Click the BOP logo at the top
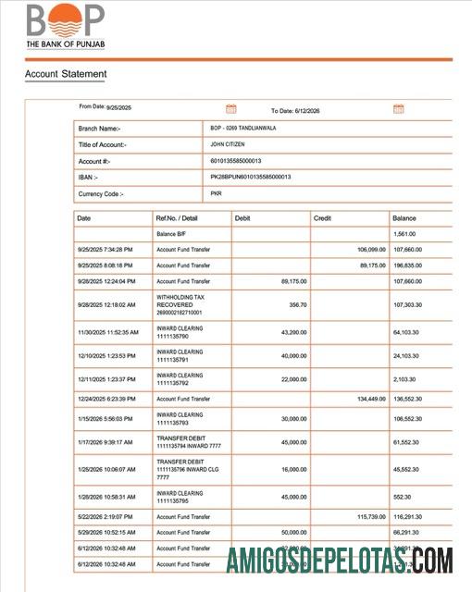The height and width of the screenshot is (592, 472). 65,26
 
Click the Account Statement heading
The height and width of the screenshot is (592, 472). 65,74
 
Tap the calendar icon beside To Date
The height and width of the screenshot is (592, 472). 399,109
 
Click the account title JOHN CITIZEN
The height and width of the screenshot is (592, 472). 230,144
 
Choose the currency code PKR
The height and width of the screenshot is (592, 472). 217,193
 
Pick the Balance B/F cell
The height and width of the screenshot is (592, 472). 172,234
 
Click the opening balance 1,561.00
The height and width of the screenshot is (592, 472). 405,234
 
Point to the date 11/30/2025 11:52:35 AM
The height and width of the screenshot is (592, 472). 107,331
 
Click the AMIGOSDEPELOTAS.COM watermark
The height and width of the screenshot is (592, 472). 339,561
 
